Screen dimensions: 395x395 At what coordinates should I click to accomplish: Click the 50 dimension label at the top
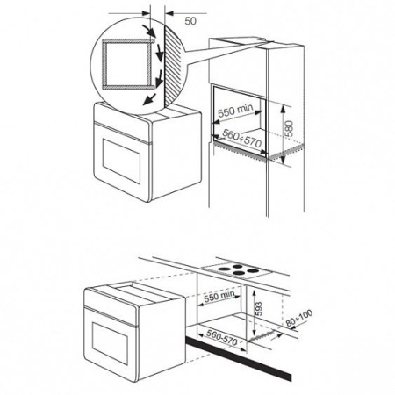click(190, 21)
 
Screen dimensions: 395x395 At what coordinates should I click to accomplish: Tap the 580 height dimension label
click(289, 128)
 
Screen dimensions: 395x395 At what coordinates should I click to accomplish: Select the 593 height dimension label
click(259, 309)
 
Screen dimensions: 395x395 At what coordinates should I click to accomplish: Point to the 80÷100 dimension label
click(299, 318)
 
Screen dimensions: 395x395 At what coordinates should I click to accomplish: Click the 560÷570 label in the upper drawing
click(241, 139)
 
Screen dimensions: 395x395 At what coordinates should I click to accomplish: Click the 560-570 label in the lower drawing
click(221, 337)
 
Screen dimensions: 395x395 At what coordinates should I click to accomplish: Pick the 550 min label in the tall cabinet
click(235, 111)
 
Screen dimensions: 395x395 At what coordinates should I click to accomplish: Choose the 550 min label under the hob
click(219, 297)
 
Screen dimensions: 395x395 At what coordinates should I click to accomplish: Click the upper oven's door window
click(121, 162)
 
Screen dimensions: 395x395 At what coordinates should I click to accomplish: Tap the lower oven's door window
click(110, 343)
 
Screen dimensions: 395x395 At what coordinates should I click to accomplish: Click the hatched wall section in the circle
click(174, 67)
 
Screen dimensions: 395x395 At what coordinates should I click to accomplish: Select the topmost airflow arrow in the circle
click(148, 31)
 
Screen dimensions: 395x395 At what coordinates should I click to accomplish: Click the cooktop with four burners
click(237, 269)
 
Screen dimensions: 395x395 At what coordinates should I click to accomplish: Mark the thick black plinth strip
click(238, 359)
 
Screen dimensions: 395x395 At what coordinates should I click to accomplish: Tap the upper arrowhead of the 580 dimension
click(283, 108)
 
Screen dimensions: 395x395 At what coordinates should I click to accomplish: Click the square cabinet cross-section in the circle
click(127, 64)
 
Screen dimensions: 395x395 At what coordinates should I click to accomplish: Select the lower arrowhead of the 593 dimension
click(254, 334)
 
